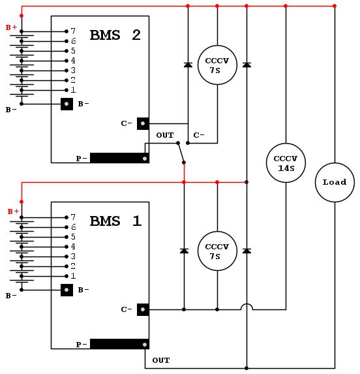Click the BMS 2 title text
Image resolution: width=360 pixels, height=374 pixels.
pos(115,35)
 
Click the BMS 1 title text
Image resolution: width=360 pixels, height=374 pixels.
pos(115,221)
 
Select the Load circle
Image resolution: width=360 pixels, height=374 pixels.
pos(335,183)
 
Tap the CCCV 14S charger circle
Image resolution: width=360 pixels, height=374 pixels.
pos(286,163)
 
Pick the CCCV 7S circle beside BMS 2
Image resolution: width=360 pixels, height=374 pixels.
pos(217,65)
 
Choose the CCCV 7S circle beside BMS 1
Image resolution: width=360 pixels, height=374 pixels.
pos(217,251)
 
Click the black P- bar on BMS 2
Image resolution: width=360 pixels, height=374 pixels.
pos(119,158)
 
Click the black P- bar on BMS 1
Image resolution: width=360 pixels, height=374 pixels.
pos(119,344)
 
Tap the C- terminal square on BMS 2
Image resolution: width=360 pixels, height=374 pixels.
pos(143,123)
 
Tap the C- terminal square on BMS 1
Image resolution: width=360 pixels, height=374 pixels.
pos(143,309)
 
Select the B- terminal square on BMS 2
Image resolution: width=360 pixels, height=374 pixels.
pos(67,104)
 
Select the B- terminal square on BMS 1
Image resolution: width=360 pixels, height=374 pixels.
pos(67,290)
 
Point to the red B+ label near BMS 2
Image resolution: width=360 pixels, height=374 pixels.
pos(11,27)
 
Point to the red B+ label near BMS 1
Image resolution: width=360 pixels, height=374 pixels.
pos(13,211)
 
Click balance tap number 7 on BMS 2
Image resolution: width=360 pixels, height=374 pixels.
pos(73,31)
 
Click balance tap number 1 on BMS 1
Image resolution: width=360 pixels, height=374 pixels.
pos(73,276)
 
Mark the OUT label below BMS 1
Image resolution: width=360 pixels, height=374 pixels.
pos(161,360)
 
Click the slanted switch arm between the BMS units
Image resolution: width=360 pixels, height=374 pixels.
pos(181,153)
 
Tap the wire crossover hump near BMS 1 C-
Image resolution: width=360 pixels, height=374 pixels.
pos(247,306)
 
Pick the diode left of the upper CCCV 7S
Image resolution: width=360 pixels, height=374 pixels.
pos(188,65)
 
